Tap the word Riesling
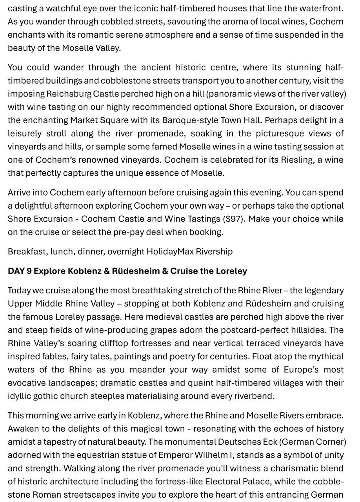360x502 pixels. coord(297,160)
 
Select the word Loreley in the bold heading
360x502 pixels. coord(233,271)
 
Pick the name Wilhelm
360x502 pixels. coord(217,455)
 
